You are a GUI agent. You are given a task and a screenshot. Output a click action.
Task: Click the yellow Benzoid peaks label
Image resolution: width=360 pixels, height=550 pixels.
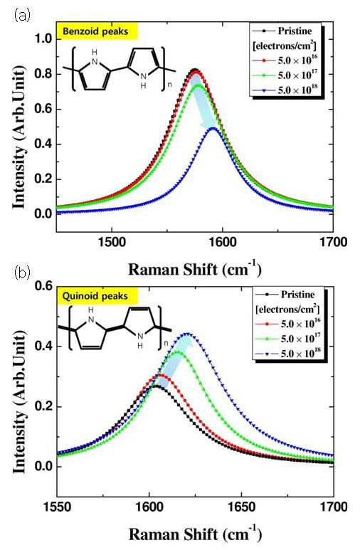(97, 31)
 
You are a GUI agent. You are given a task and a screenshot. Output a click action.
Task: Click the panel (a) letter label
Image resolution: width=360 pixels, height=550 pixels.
(23, 16)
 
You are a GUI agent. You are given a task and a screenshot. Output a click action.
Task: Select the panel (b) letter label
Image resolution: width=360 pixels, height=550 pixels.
(23, 273)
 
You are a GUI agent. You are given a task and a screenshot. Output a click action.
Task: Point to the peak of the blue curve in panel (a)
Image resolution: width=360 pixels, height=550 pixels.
(213, 128)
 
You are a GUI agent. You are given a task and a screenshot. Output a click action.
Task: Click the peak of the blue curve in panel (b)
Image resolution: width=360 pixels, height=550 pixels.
(187, 333)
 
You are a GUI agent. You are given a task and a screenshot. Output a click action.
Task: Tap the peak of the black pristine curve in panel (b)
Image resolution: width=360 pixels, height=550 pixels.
(156, 386)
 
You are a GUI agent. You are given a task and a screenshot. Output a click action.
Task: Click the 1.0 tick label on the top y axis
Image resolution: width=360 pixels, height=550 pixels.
(43, 38)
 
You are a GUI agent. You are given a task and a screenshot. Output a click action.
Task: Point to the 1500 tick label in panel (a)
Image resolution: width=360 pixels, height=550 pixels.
(112, 242)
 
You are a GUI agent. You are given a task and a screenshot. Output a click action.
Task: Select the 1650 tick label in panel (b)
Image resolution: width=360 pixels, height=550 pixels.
(241, 507)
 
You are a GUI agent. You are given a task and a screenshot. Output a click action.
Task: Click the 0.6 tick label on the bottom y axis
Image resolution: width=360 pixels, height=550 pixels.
(43, 286)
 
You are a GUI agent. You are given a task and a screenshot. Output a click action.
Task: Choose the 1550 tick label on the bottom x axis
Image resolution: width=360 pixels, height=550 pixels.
(57, 507)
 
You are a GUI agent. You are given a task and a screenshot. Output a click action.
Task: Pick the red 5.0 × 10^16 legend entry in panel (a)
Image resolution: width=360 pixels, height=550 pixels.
(285, 60)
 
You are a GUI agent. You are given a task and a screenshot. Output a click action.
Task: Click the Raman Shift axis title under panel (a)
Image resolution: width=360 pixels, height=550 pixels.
(195, 270)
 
